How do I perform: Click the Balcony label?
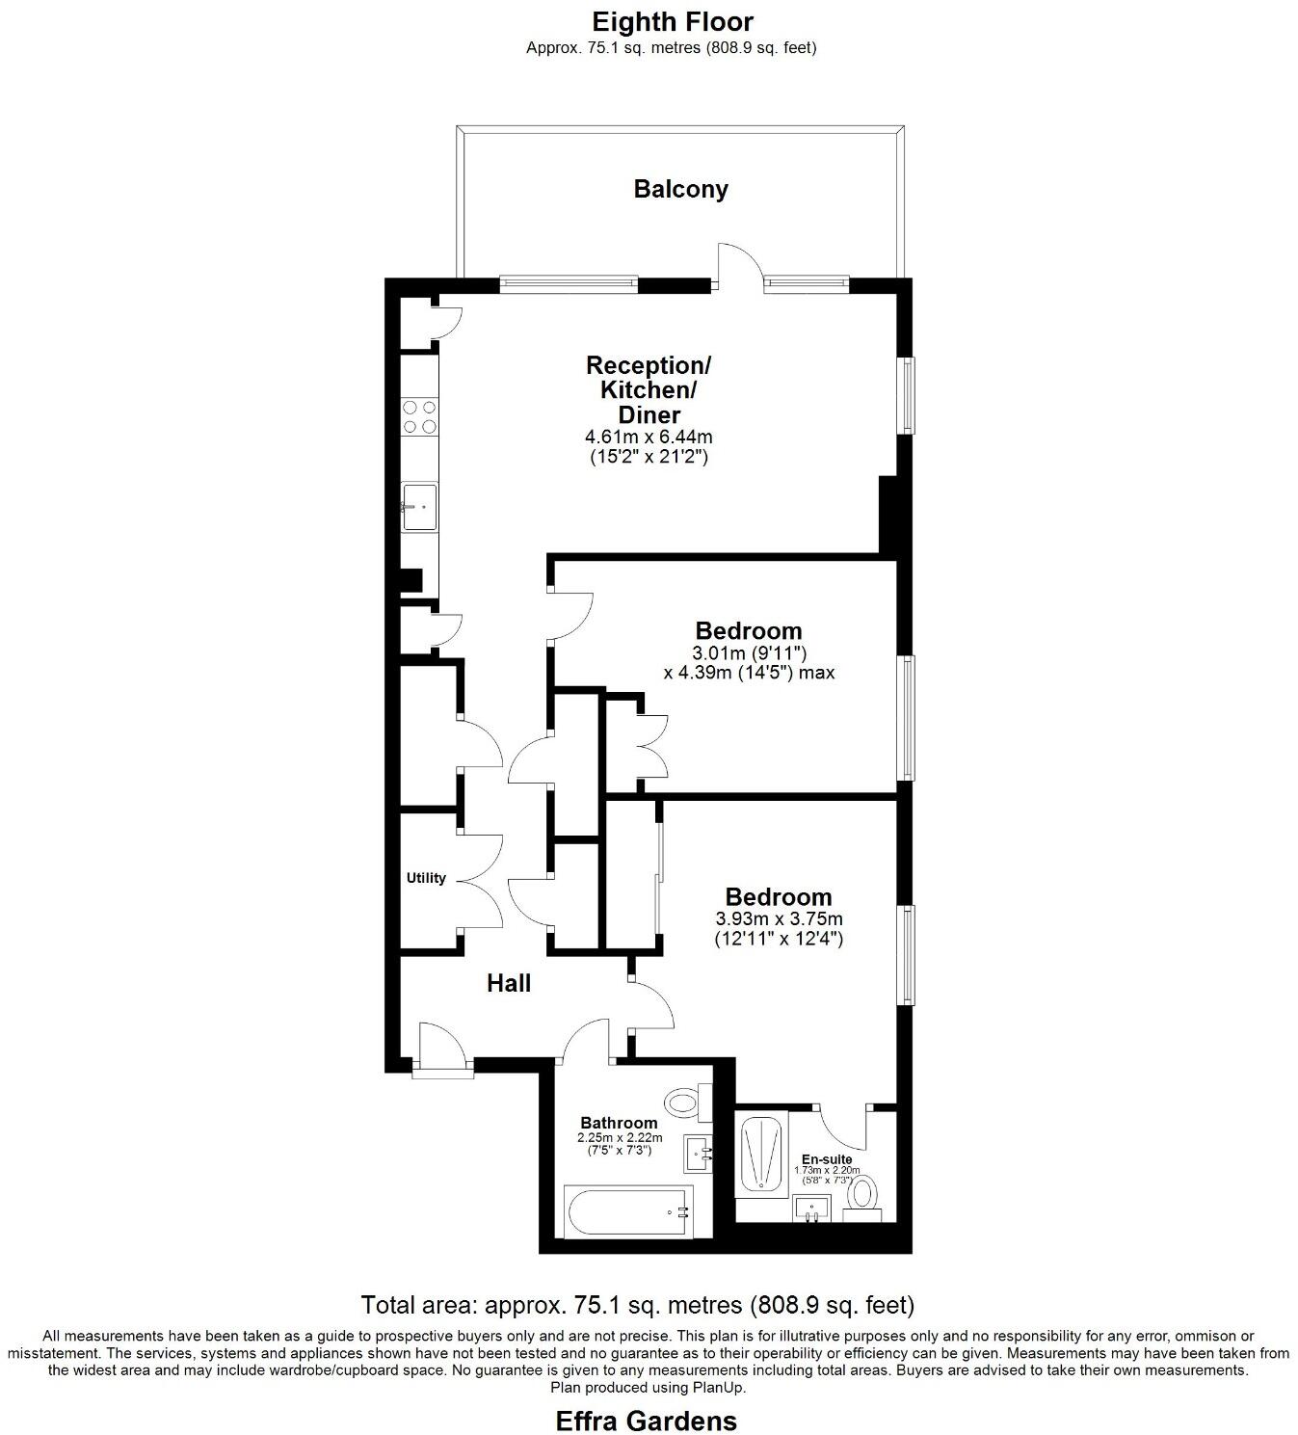(x=680, y=189)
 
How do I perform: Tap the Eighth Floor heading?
(x=672, y=21)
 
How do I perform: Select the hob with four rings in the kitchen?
(x=419, y=415)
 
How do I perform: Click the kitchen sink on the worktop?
(x=419, y=506)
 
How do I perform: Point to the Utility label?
(x=426, y=878)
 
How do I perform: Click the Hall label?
(x=508, y=983)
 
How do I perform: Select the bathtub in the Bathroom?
(x=627, y=1210)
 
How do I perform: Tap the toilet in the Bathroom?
(x=685, y=1101)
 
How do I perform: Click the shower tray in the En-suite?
(x=762, y=1153)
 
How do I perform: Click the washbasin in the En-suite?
(x=814, y=1208)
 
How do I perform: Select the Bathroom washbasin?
(x=699, y=1153)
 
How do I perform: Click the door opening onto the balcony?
(x=738, y=265)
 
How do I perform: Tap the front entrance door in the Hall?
(x=442, y=1047)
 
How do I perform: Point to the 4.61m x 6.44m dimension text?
(x=648, y=437)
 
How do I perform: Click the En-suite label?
(x=826, y=1159)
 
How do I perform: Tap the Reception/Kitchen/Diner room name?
(x=648, y=389)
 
